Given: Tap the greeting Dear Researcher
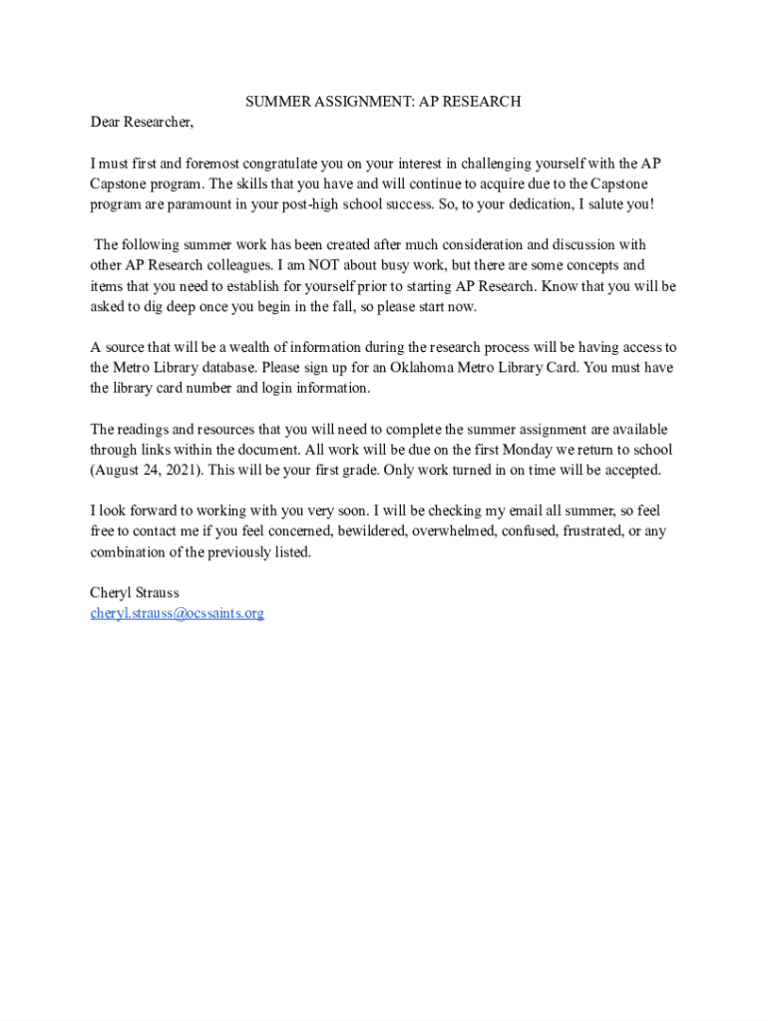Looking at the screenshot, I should [142, 123].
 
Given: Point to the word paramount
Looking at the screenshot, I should [212, 204].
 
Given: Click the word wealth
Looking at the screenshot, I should [251, 347].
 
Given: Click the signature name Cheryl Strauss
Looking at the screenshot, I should [135, 593].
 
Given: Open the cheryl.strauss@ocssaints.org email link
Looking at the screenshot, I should [178, 613].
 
